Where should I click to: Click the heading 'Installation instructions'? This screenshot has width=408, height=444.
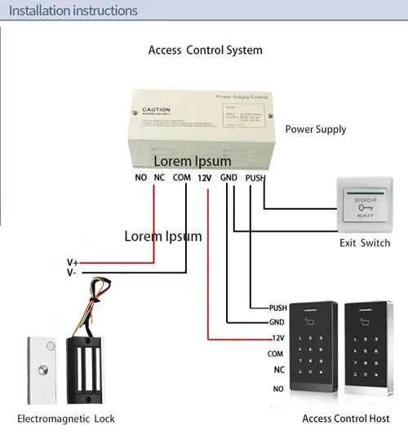click(73, 11)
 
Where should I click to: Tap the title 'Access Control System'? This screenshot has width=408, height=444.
click(205, 51)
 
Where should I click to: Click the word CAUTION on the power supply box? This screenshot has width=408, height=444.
click(156, 109)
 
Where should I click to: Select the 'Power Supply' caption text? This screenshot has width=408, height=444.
click(316, 129)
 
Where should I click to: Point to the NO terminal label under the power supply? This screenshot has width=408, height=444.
click(141, 177)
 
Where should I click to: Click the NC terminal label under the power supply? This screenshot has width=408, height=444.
click(160, 177)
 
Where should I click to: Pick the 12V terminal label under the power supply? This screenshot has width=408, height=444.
click(205, 177)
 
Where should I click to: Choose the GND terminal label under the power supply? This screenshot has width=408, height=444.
click(228, 177)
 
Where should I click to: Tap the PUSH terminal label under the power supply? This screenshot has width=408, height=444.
click(255, 177)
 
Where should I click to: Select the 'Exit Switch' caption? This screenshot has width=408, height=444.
click(365, 243)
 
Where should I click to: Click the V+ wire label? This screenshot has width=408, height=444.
click(73, 263)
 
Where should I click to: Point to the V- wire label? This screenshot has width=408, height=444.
click(73, 273)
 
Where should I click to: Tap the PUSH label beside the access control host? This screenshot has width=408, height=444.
click(277, 309)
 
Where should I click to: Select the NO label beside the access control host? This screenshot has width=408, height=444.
click(278, 388)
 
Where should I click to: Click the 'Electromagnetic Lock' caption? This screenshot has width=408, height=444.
click(66, 419)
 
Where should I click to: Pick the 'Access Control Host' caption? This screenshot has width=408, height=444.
click(345, 419)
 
